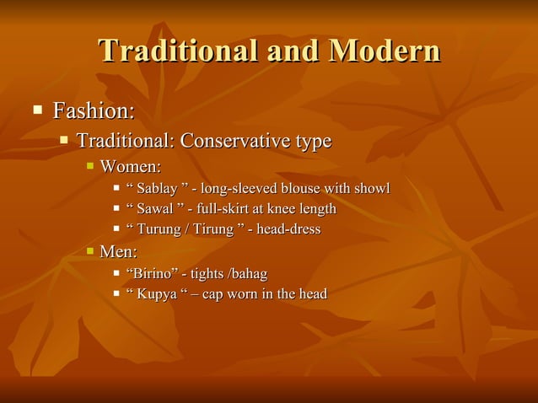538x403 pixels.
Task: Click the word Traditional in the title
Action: pyautogui.click(x=176, y=51)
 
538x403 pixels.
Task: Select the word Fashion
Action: pyautogui.click(x=90, y=111)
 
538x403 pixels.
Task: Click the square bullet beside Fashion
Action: pyautogui.click(x=37, y=110)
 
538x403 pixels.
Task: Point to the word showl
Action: pyautogui.click(x=371, y=186)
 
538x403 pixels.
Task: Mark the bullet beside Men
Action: pyautogui.click(x=90, y=251)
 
